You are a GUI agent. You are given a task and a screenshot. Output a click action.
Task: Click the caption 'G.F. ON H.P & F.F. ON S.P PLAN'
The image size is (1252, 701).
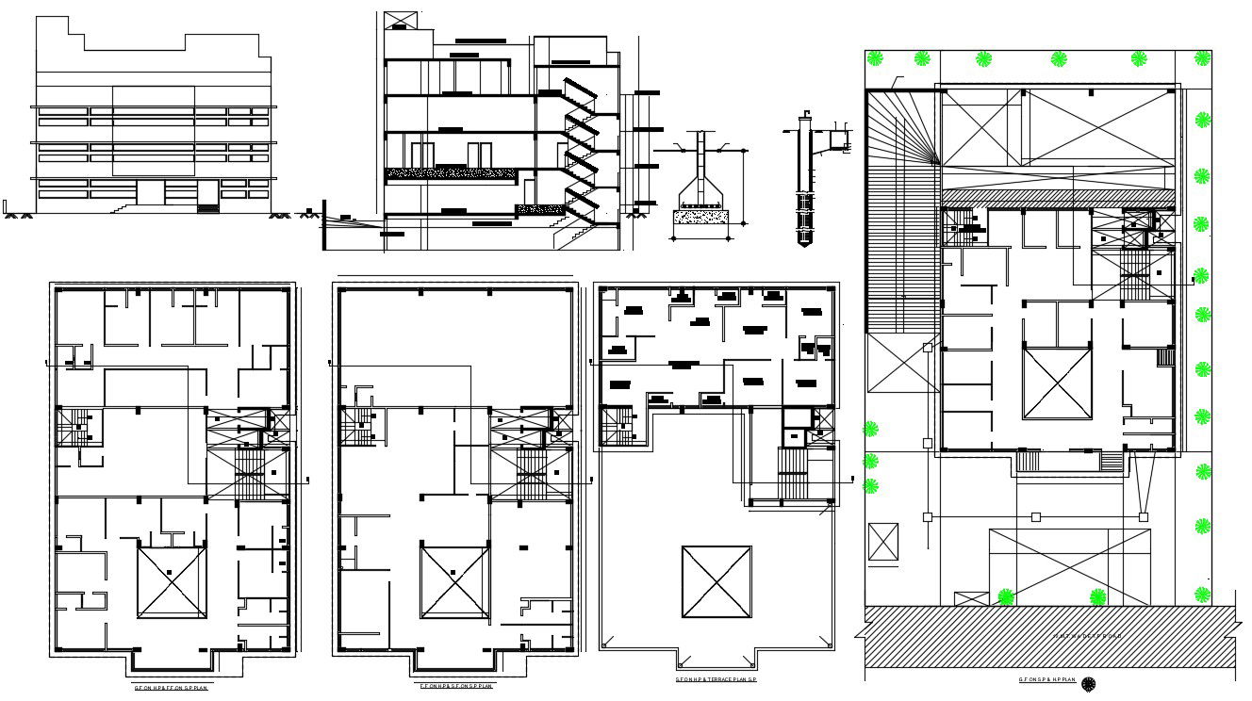pos(171,688)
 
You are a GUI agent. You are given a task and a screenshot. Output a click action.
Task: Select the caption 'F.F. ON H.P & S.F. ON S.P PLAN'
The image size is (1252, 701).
pos(456,685)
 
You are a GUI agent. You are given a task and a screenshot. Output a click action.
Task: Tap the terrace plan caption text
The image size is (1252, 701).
pos(717,679)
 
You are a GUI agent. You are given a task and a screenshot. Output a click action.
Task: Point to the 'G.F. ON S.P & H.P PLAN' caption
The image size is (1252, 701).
pos(1046,679)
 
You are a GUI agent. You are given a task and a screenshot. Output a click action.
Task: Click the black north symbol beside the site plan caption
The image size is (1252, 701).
pos(1089,685)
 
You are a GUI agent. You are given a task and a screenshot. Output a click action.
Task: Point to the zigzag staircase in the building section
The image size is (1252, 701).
pos(579,151)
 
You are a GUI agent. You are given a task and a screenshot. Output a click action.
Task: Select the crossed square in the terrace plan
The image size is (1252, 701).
pos(717,582)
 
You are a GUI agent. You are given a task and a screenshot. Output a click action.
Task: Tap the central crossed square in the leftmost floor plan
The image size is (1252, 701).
pos(172,582)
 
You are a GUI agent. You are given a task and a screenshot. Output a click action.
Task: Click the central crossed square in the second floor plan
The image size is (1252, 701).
pos(454,582)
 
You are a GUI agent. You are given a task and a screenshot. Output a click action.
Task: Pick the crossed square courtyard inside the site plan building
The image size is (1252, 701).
pos(1057,383)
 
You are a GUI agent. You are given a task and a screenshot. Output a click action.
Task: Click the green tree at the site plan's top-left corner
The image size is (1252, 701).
pos(876,58)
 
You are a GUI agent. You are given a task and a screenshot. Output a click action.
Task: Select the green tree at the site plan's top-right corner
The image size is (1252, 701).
pos(1202,58)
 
